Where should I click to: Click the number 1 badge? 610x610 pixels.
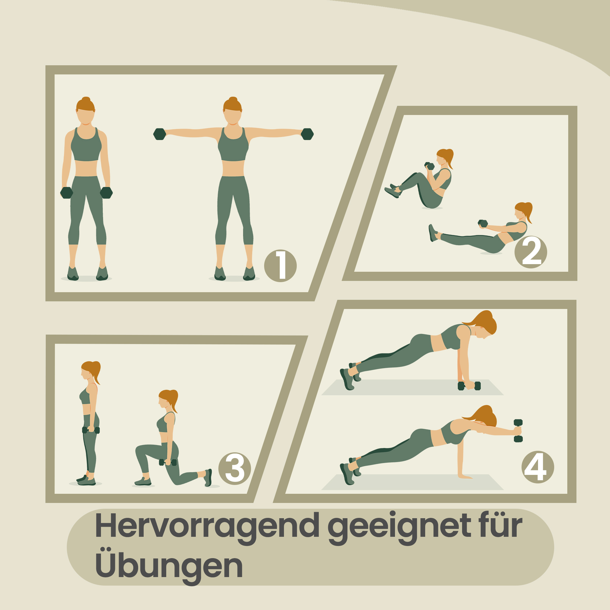pyautogui.click(x=280, y=266)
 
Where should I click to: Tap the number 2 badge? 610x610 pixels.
pyautogui.click(x=531, y=252)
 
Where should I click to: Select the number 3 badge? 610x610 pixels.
pyautogui.click(x=235, y=468)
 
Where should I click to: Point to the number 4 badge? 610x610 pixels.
pyautogui.click(x=538, y=467)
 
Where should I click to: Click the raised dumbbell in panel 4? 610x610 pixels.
pyautogui.click(x=518, y=431)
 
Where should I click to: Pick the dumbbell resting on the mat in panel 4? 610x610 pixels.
pyautogui.click(x=469, y=386)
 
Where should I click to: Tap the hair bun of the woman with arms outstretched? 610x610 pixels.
pyautogui.click(x=233, y=99)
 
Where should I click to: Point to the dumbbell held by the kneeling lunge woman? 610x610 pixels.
pyautogui.click(x=168, y=462)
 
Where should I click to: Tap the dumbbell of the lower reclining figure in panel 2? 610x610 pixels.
pyautogui.click(x=483, y=223)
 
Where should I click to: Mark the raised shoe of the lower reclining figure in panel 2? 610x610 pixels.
pyautogui.click(x=433, y=233)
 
